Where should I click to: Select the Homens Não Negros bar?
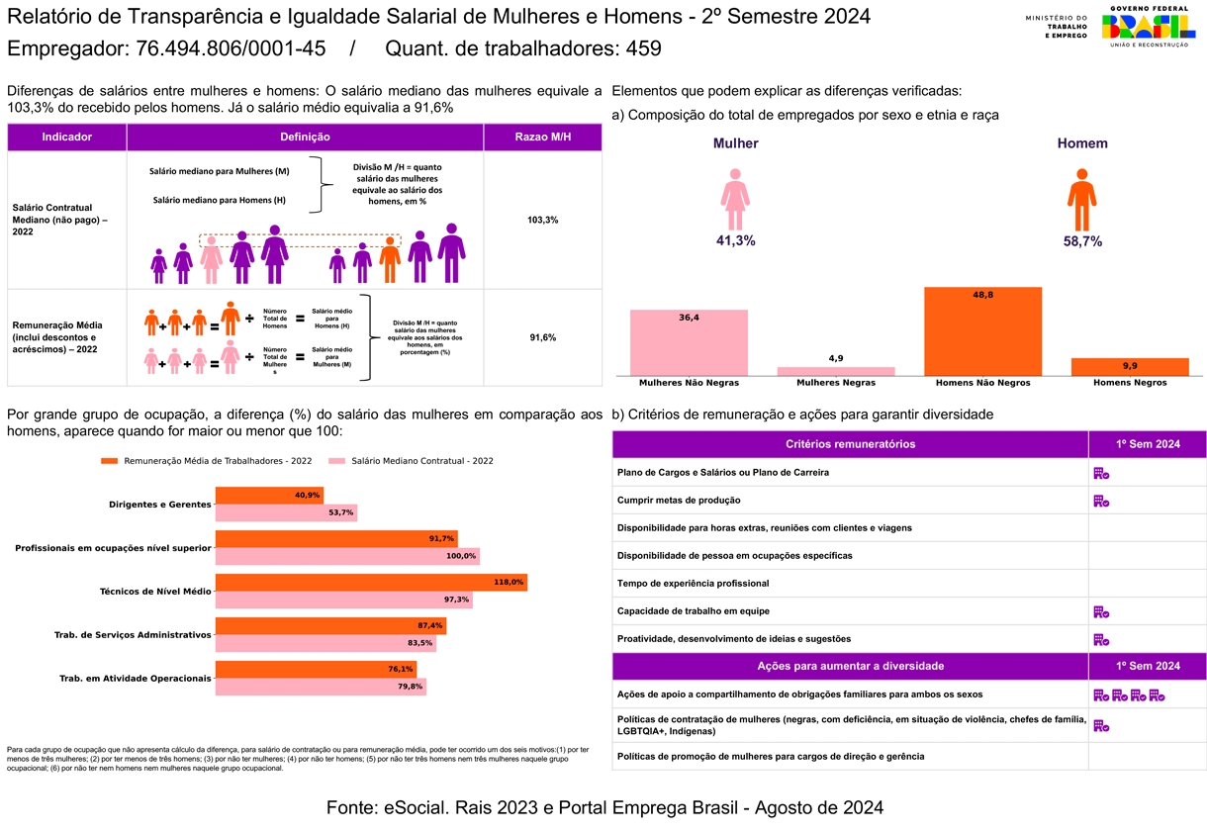click(x=982, y=331)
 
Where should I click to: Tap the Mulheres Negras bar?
click(x=836, y=371)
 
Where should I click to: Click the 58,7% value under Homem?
click(x=1082, y=241)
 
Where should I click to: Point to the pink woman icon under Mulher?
click(x=735, y=200)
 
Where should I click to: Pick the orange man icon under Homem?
click(x=1081, y=200)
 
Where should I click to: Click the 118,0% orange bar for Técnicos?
click(x=371, y=583)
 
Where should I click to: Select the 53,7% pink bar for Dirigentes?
click(x=286, y=512)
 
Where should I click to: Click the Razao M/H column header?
click(x=543, y=137)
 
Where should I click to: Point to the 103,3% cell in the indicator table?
click(x=543, y=220)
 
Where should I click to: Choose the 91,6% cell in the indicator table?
click(x=543, y=337)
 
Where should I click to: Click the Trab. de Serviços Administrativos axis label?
click(x=133, y=634)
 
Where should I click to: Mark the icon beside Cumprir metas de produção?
click(x=1100, y=501)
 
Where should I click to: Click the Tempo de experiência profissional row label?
click(x=693, y=584)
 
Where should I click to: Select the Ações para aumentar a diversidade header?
click(x=850, y=666)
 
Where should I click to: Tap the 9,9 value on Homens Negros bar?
click(x=1129, y=366)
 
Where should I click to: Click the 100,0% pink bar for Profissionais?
click(x=347, y=556)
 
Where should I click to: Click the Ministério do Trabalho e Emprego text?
click(x=1056, y=27)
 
